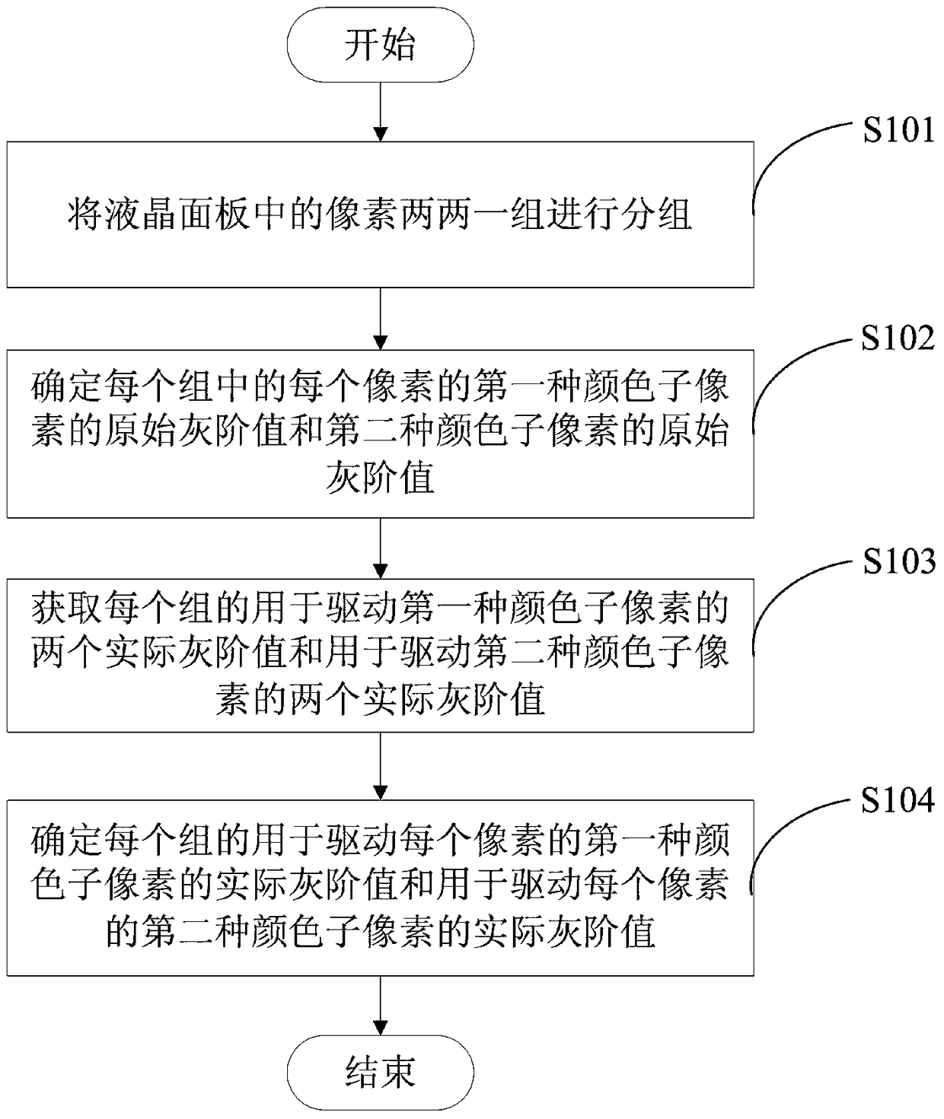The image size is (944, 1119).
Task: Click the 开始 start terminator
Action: point(381,44)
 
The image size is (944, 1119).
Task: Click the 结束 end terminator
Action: point(381,1073)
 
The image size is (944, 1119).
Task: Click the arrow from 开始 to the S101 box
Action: point(381,112)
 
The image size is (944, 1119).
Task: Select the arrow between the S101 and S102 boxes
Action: point(381,319)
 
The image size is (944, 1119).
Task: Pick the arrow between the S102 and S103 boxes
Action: point(381,548)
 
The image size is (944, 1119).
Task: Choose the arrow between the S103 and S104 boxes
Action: point(381,766)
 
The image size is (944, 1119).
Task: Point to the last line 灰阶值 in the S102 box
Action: point(381,476)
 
